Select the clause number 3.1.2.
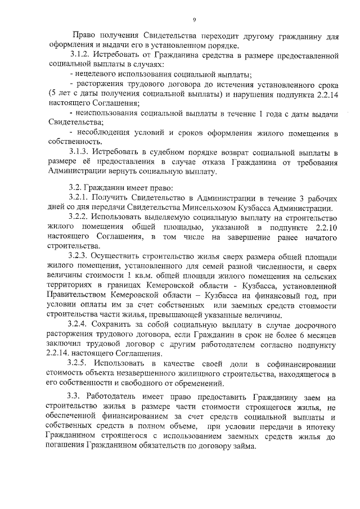pos(80,56)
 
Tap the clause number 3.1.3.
pos(80,153)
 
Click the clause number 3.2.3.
pos(80,255)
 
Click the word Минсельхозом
pos(220,208)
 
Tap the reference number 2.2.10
pos(327,227)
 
